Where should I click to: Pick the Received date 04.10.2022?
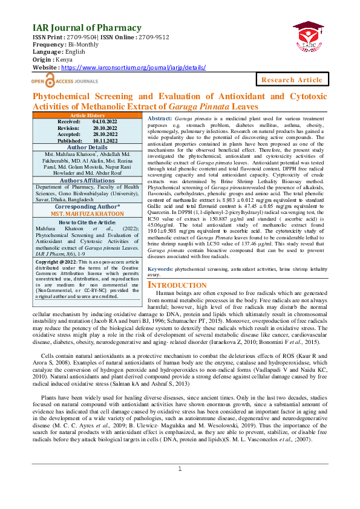point(105,122)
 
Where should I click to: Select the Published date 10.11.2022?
point(105,140)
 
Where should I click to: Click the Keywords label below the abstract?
point(161,267)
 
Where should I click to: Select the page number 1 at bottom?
point(180,487)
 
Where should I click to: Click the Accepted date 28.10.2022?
point(105,134)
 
